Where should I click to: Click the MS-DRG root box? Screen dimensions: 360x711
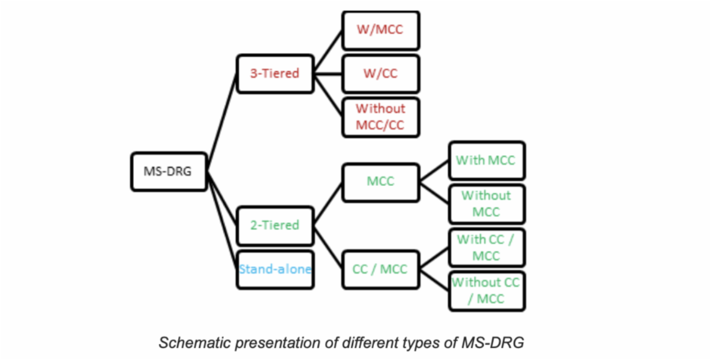tap(169, 172)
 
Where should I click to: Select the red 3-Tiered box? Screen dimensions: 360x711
tap(275, 74)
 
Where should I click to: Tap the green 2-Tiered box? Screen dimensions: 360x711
tap(275, 226)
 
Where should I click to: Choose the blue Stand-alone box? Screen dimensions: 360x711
tap(275, 269)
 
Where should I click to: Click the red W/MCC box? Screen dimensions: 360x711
tap(380, 30)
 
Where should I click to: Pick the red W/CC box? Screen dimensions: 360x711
tap(380, 74)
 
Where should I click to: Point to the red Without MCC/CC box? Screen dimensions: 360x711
tap(380, 117)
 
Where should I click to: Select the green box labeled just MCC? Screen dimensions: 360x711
tap(380, 182)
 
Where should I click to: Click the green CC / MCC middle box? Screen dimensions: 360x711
tap(380, 269)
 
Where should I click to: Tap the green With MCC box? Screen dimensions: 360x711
tap(486, 160)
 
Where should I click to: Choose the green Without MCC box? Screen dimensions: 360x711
tap(486, 204)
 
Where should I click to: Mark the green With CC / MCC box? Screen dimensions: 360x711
tap(486, 247)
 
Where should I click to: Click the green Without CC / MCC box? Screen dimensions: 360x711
tap(486, 291)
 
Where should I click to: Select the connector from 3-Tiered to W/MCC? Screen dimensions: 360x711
tap(328, 52)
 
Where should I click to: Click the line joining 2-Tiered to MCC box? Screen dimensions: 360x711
tap(328, 204)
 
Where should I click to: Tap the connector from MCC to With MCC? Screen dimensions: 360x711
tap(434, 171)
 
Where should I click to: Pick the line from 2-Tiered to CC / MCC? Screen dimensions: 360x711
tap(328, 247)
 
